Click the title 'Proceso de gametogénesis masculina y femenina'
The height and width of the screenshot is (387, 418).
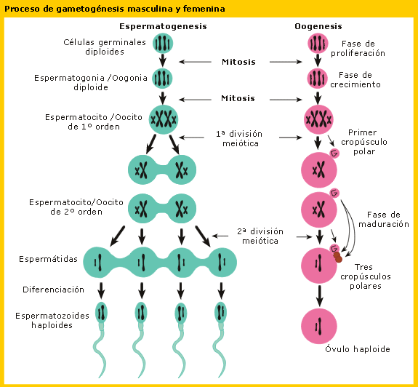114,9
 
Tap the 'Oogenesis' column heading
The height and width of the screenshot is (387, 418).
318,26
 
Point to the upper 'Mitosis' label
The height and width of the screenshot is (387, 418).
238,62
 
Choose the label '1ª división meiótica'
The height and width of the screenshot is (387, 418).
238,138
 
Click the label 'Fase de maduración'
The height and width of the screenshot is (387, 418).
383,220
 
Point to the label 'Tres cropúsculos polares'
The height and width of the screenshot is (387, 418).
365,276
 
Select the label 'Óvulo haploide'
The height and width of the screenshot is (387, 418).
357,349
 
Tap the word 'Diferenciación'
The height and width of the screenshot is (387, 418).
49,290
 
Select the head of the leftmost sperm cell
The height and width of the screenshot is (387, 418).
101,313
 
